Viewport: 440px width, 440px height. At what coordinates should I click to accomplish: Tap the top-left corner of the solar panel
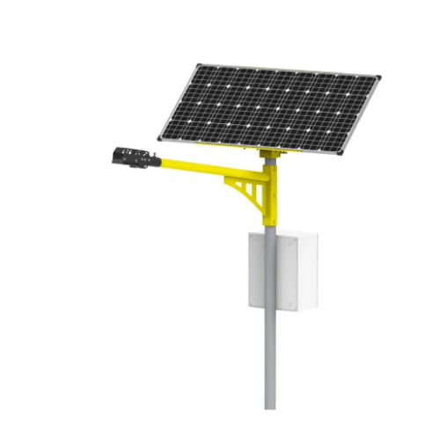[x=197, y=64]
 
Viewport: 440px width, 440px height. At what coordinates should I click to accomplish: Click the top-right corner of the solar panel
[x=381, y=77]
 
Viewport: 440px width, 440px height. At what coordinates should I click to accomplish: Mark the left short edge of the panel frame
[x=178, y=101]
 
